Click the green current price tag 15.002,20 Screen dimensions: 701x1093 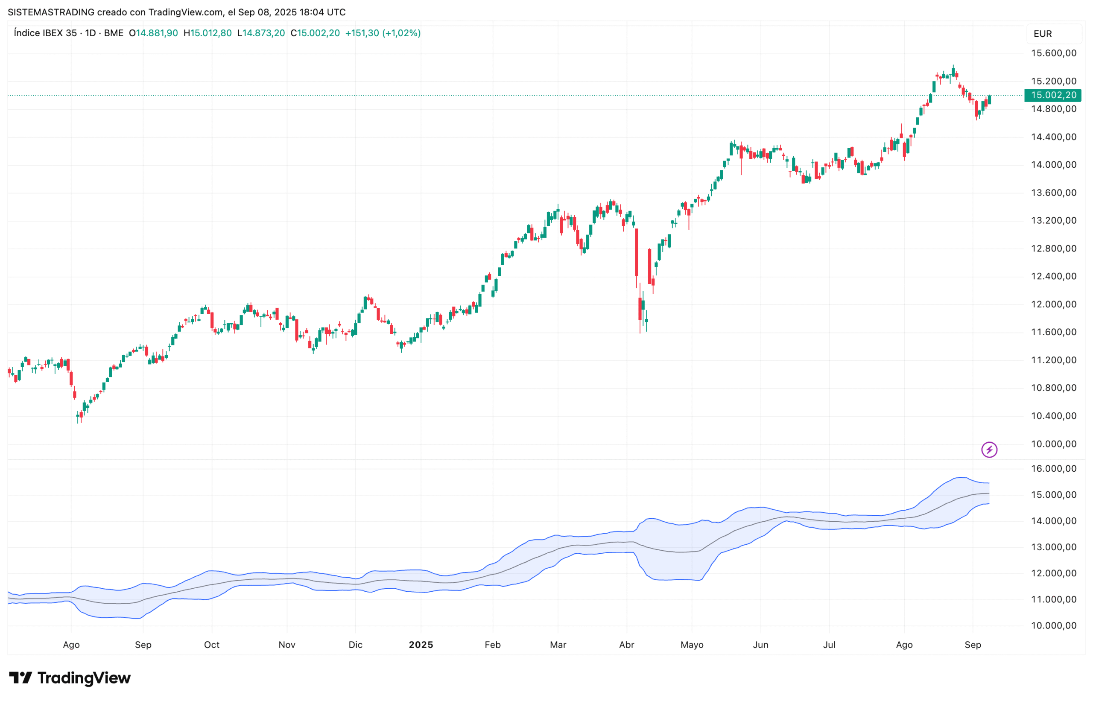tap(1052, 95)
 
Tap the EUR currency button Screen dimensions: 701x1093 tap(1043, 34)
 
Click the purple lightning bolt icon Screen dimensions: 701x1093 tap(989, 450)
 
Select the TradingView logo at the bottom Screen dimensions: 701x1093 tap(70, 678)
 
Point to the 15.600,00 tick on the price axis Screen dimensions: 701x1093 tap(1053, 53)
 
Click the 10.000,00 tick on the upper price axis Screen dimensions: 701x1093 tap(1053, 444)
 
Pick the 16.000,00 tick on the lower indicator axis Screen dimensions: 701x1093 tap(1053, 469)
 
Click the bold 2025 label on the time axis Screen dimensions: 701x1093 tap(421, 645)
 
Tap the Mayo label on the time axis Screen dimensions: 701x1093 tap(692, 645)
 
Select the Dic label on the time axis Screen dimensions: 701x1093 tap(355, 645)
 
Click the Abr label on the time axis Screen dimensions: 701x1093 tap(627, 645)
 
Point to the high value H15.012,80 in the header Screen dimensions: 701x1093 tap(207, 33)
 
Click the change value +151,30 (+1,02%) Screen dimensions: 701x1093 tap(383, 33)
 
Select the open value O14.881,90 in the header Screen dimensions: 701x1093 tap(153, 33)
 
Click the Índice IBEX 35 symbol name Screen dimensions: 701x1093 tap(45, 33)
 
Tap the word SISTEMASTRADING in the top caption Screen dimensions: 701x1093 tap(51, 12)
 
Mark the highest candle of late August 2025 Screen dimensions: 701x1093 tap(953, 71)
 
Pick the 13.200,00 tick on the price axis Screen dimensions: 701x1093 tap(1053, 221)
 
